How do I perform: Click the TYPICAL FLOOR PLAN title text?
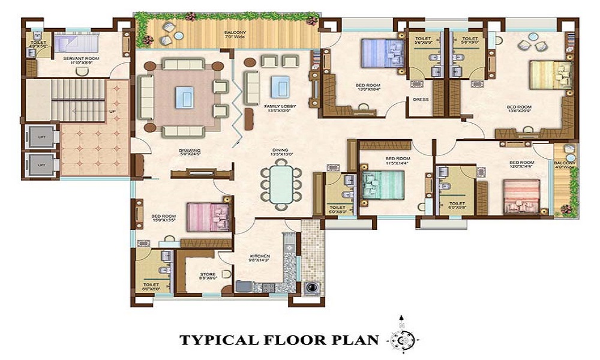tap(279, 340)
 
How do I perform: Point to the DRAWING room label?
tap(189, 152)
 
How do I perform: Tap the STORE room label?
tap(208, 275)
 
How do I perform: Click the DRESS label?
tap(421, 100)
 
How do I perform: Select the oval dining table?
tap(278, 185)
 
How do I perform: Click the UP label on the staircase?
tap(112, 112)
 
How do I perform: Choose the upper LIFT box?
tap(41, 137)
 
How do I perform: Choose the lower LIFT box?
tap(41, 164)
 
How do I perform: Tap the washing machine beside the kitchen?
tap(312, 288)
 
